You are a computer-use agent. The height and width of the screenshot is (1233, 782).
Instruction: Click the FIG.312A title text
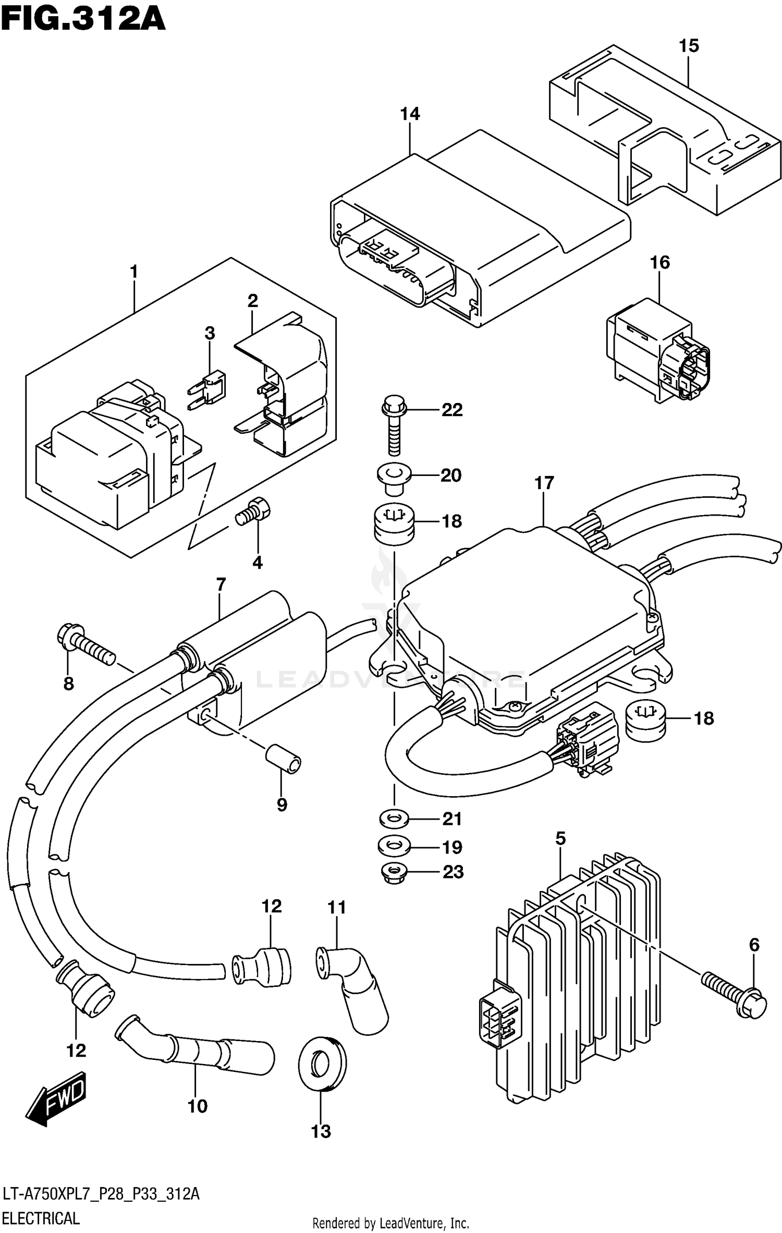[83, 20]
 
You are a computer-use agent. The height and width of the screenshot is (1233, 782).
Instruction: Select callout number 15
[688, 46]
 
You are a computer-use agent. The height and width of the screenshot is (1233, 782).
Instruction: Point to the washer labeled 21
[394, 819]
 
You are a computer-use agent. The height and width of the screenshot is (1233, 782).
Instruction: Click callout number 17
[544, 483]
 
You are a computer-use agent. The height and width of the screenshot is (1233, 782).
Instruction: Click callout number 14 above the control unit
[410, 114]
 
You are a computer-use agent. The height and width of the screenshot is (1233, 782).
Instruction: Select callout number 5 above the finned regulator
[560, 839]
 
